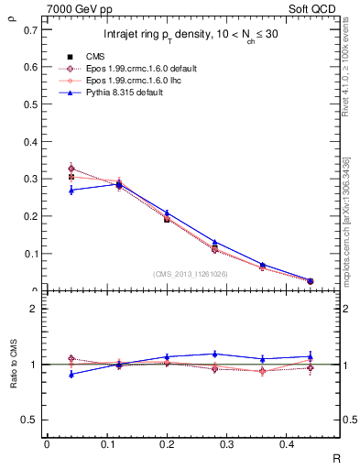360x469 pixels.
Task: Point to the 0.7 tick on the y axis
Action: click(31, 29)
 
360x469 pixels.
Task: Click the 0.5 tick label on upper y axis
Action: click(31, 104)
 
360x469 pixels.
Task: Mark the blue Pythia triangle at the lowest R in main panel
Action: click(71, 190)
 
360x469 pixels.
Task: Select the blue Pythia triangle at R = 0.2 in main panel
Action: click(167, 213)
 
